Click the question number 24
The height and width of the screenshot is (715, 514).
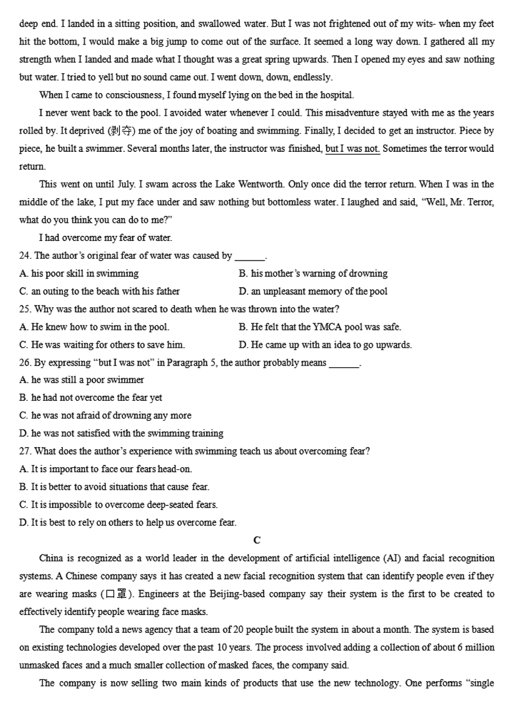click(x=25, y=256)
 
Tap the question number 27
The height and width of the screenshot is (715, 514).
click(x=25, y=451)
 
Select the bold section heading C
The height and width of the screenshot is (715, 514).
click(x=256, y=540)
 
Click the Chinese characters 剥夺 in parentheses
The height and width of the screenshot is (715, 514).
click(x=120, y=131)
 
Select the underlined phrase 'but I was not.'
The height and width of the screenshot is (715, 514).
click(x=352, y=149)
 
